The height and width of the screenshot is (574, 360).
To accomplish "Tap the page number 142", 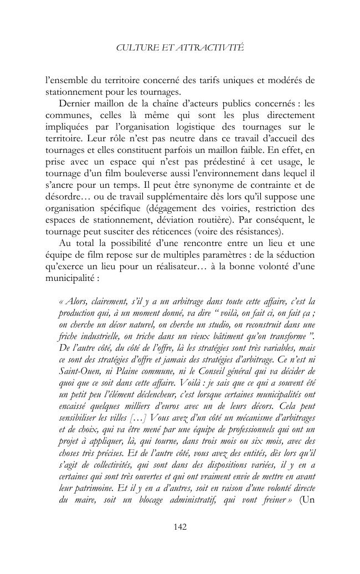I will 180,527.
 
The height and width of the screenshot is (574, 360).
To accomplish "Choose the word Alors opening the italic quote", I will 75,301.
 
